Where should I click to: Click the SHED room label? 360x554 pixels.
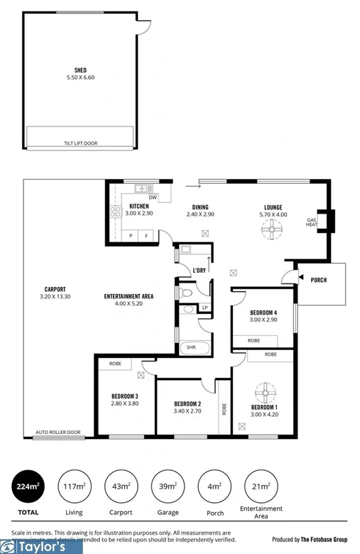[80, 70]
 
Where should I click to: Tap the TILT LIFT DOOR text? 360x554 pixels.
[80, 143]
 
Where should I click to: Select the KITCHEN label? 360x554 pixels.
[138, 206]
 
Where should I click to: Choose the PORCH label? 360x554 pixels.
[319, 280]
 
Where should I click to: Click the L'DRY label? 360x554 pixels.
[200, 271]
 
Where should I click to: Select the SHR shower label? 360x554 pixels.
[190, 347]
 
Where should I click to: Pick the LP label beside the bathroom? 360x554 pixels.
[204, 308]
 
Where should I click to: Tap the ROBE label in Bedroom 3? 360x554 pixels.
[114, 363]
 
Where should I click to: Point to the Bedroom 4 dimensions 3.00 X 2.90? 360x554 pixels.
[263, 320]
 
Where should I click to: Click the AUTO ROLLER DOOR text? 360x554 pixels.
[58, 431]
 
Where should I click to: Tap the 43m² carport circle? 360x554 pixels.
[120, 487]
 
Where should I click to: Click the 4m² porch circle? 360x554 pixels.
[214, 487]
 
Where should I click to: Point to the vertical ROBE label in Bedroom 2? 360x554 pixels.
[224, 410]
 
